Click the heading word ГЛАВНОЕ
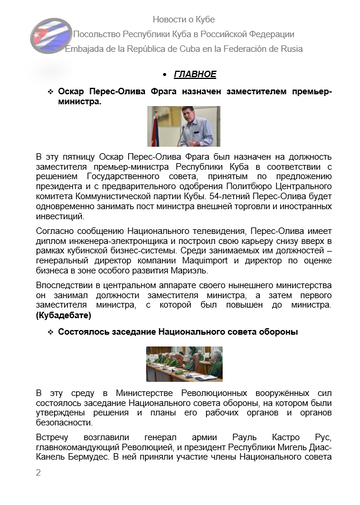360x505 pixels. [x=195, y=75]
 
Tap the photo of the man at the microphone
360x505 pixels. [x=184, y=127]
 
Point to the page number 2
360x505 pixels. [x=38, y=473]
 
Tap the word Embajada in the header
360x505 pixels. [x=91, y=48]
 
